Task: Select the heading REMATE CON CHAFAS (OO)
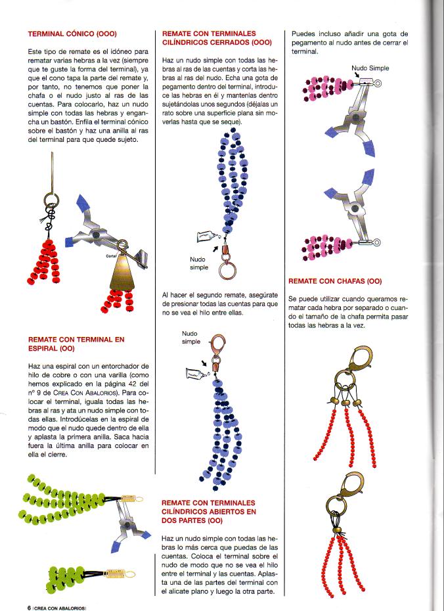pyautogui.click(x=335, y=281)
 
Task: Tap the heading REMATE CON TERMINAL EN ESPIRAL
pyautogui.click(x=76, y=344)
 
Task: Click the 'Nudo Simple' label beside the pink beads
pyautogui.click(x=370, y=68)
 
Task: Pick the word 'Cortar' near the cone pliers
pyautogui.click(x=110, y=257)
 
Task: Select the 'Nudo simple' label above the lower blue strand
pyautogui.click(x=191, y=338)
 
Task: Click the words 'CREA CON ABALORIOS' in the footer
pyautogui.click(x=60, y=607)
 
